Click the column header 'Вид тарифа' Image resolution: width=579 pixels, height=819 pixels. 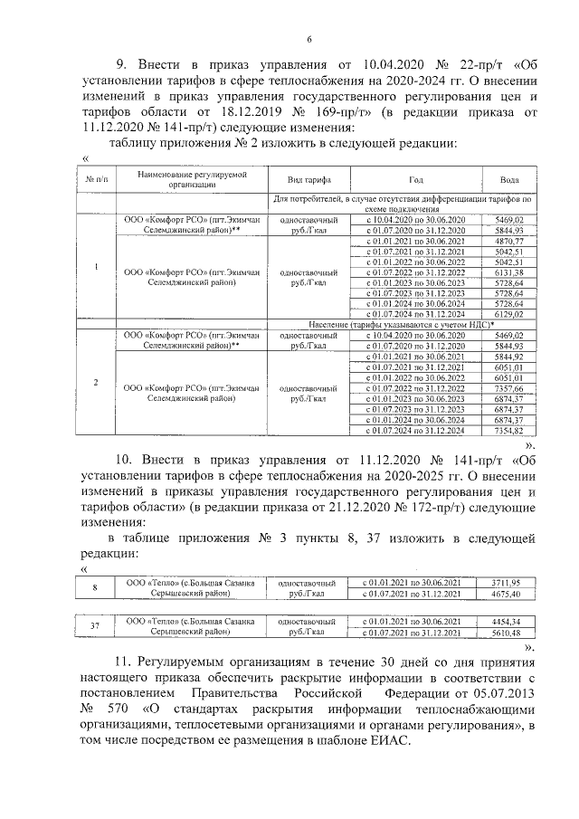(x=308, y=178)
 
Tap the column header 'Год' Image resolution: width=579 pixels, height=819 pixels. (x=414, y=178)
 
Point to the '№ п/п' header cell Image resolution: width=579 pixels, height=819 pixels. (x=96, y=178)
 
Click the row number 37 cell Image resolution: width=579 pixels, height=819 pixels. (x=96, y=627)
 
